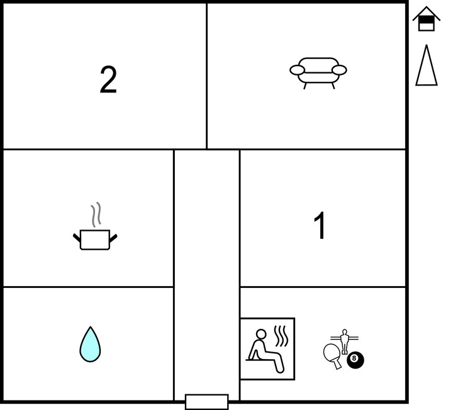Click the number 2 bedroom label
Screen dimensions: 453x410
click(x=108, y=79)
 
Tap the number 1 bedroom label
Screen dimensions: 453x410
click(x=320, y=225)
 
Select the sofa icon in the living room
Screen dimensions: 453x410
click(x=318, y=73)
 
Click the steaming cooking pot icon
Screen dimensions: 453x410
click(x=95, y=226)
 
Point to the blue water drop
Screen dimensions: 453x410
click(x=90, y=344)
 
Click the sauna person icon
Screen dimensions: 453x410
click(x=267, y=349)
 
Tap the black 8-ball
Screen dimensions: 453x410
click(x=355, y=360)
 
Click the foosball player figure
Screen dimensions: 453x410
click(x=344, y=341)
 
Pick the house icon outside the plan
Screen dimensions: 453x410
click(x=427, y=19)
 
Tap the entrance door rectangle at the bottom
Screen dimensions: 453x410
click(x=206, y=402)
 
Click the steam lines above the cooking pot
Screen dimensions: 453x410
click(x=96, y=214)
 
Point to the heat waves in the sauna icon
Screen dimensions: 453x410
click(x=281, y=336)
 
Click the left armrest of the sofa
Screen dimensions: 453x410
click(x=297, y=70)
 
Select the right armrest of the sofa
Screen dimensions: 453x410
click(x=339, y=70)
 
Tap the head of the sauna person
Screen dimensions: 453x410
click(x=261, y=335)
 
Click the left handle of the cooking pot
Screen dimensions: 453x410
click(x=77, y=238)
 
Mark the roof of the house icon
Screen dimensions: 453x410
click(x=427, y=14)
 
